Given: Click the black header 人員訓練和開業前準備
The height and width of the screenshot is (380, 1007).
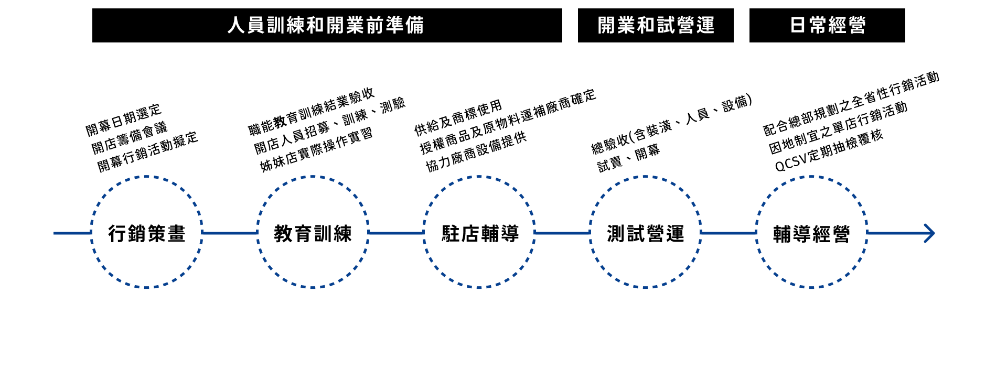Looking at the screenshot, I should pos(327,25).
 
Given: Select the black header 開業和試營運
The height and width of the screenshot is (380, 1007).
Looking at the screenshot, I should pos(656,25).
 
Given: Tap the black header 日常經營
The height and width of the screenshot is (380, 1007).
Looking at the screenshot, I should pos(827,25).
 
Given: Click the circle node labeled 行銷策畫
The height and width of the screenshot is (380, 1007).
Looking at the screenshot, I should pos(147,233).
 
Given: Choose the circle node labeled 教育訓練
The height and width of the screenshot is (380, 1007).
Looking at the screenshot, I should pos(313,233).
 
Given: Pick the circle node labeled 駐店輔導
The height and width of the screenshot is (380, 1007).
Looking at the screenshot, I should pos(479,233).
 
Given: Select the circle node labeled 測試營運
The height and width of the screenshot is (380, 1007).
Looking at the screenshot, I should pos(646,233).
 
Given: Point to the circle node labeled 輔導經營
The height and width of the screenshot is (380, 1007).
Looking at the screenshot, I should pos(811,233).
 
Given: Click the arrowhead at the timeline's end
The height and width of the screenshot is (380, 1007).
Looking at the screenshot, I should pos(929,233).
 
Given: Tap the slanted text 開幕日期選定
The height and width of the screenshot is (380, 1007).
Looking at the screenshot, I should pos(124,120).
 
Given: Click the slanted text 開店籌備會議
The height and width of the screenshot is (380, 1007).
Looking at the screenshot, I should pos(130,138).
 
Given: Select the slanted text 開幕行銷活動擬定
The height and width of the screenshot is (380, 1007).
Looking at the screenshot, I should pos(148,152).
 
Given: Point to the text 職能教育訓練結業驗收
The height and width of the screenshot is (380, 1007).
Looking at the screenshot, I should pos(312,111).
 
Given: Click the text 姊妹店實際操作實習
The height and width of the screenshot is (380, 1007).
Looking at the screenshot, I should pos(316,149).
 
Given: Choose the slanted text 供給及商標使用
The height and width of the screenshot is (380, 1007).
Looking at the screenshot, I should pos(458,118).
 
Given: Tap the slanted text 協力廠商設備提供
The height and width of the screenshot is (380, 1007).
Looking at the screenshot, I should pos(476,152).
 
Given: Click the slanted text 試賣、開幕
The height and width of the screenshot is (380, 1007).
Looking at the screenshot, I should pos(628,158).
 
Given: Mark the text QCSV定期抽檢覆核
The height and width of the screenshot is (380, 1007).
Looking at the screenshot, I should pos(829,150).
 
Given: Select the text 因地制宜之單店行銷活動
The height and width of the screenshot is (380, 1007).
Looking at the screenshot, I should pos(838,128).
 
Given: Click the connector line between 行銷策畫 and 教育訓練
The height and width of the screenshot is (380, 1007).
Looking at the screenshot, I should pos(230,233).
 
